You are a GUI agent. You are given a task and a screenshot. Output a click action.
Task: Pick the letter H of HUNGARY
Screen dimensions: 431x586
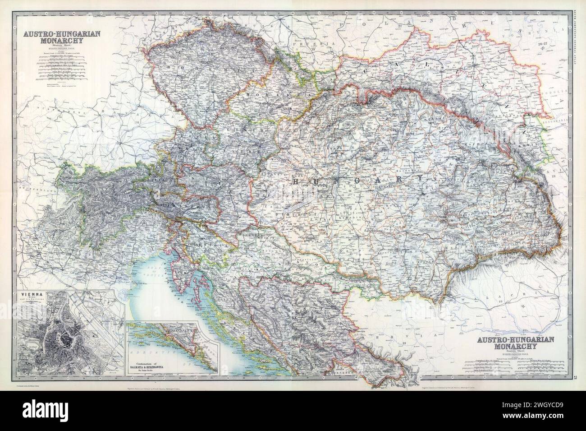(x=296, y=181)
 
